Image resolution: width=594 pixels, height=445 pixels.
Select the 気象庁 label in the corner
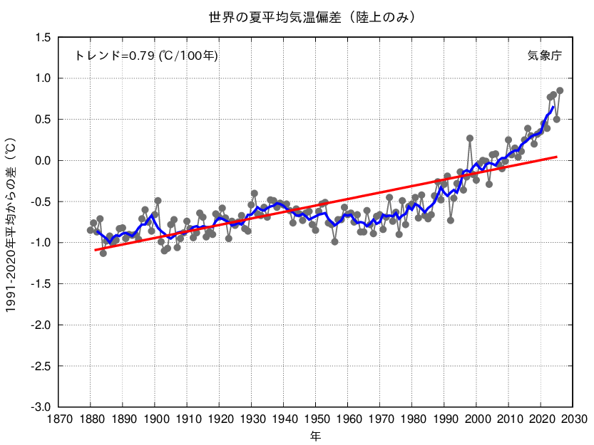[544, 56]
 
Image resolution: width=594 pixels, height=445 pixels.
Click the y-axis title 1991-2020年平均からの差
[11, 225]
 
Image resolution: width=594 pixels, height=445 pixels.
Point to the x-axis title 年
[315, 436]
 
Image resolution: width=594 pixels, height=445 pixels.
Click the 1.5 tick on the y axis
[43, 38]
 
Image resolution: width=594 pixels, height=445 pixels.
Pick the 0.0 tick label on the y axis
[43, 160]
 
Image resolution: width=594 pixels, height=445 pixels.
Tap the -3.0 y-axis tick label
[41, 407]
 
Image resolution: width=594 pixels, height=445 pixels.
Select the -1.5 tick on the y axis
[41, 284]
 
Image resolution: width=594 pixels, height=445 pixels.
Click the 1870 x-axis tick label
[58, 419]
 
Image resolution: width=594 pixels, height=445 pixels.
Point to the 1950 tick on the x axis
[316, 419]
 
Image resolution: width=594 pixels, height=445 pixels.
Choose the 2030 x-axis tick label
[573, 419]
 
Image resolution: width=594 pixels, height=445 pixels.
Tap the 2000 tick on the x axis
[476, 419]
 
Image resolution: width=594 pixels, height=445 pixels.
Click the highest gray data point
[560, 90]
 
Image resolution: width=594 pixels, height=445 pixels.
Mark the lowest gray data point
[103, 253]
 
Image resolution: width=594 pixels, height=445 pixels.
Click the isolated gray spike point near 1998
[470, 138]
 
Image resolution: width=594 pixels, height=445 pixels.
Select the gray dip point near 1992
[451, 220]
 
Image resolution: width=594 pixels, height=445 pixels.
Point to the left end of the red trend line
[95, 250]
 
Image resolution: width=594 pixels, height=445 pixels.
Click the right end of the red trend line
[557, 157]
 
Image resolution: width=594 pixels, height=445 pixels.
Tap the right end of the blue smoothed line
[553, 107]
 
